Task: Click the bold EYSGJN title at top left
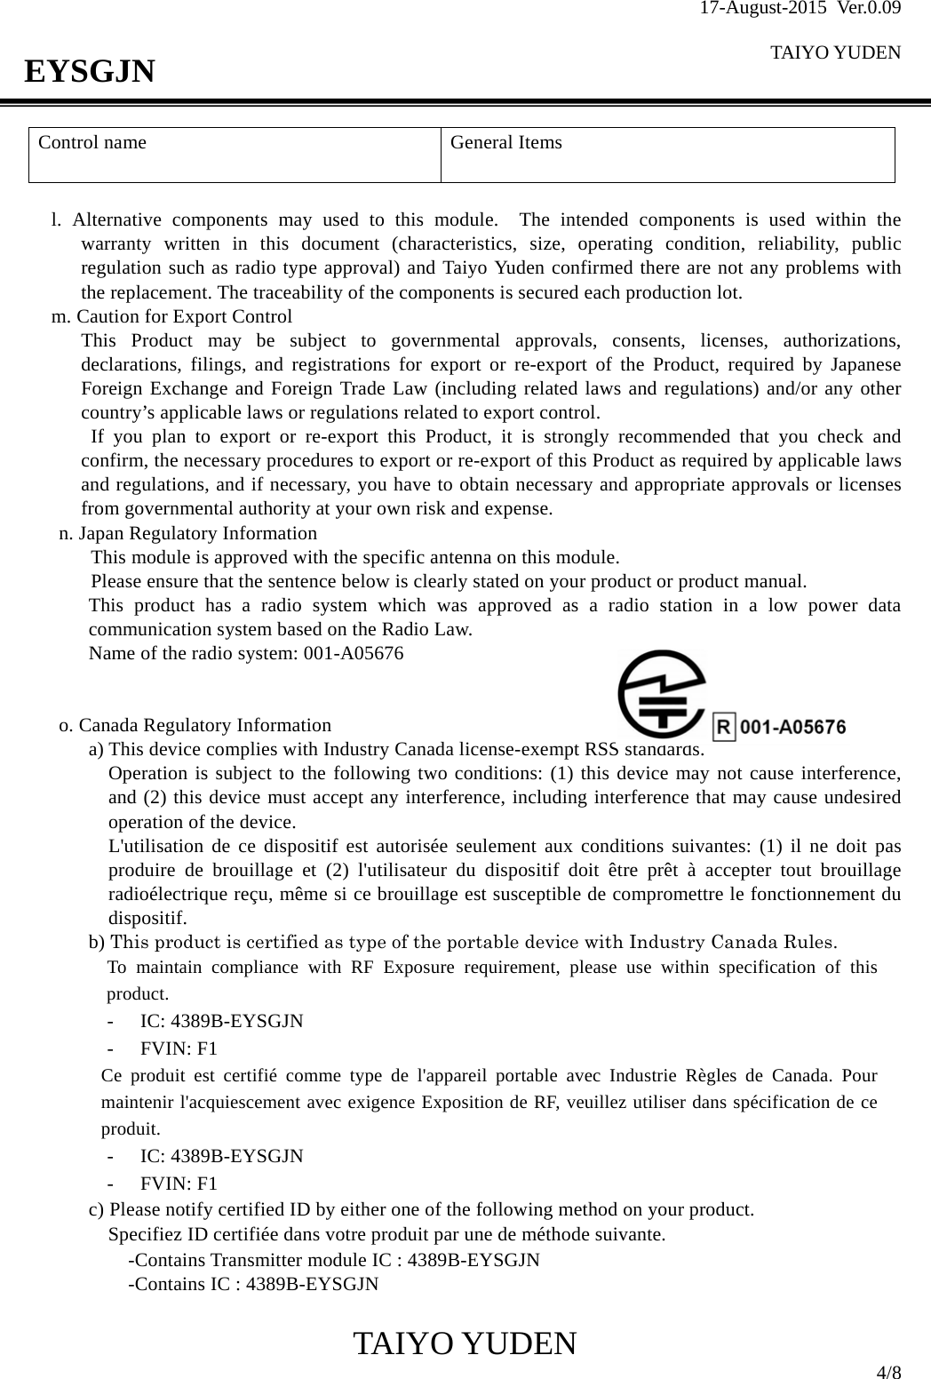click(x=89, y=70)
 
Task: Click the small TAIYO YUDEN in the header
click(x=835, y=52)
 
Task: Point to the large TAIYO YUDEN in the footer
click(x=465, y=1344)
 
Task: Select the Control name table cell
click(x=235, y=155)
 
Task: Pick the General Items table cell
click(x=667, y=155)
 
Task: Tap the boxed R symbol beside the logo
click(x=724, y=728)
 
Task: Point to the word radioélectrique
click(x=166, y=893)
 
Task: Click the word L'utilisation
click(x=156, y=845)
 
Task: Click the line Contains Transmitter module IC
click(x=333, y=1260)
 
